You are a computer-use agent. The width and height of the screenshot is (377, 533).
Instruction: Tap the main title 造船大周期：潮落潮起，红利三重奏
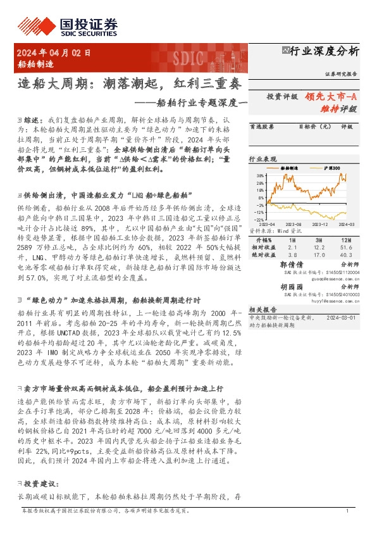[x=128, y=82]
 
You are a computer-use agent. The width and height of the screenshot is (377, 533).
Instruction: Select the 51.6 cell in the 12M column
[x=345, y=249]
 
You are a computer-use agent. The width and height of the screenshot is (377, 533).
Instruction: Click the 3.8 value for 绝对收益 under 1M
[x=292, y=255]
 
